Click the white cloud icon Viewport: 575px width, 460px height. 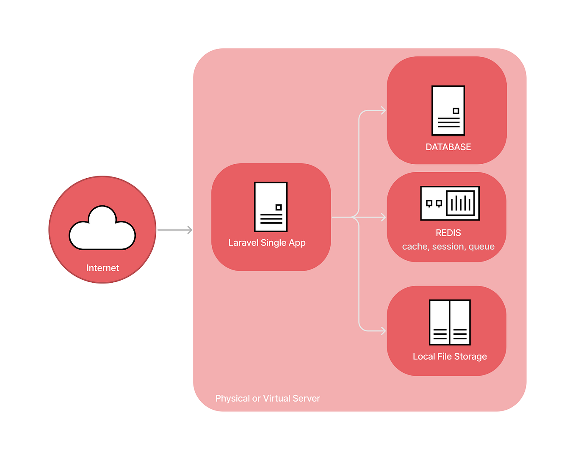click(102, 230)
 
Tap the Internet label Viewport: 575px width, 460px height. click(102, 268)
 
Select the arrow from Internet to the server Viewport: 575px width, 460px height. click(174, 230)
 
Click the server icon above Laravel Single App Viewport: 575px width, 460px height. click(271, 207)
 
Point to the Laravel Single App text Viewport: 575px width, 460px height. click(267, 243)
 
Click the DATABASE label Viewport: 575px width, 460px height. click(448, 147)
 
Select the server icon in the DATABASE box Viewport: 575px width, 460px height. click(448, 110)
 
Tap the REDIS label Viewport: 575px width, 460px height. click(448, 233)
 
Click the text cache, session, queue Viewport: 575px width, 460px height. click(448, 246)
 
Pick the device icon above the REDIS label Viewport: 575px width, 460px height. click(450, 203)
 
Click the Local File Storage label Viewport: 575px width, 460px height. click(450, 356)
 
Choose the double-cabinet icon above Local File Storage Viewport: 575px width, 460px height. click(450, 322)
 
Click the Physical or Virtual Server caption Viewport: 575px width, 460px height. click(268, 398)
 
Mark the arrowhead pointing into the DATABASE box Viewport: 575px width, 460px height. click(383, 110)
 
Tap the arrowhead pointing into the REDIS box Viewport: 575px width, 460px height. click(383, 217)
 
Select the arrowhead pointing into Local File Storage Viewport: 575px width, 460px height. click(383, 331)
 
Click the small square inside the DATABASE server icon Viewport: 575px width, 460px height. click(456, 111)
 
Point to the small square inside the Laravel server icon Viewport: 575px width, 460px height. click(278, 207)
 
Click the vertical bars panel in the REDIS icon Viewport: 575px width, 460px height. click(460, 203)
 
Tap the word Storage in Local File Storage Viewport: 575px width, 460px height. click(470, 356)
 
